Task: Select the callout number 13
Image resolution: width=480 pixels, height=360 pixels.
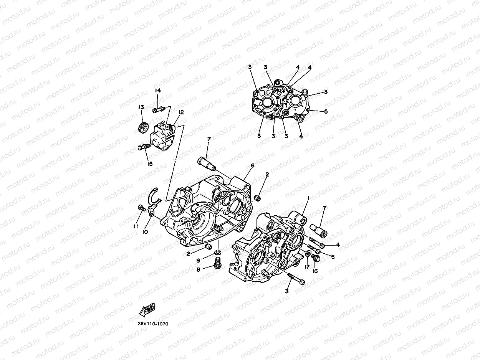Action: [141, 107]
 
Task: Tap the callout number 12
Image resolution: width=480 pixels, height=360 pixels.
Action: [181, 112]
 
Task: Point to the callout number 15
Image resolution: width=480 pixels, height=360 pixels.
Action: [149, 164]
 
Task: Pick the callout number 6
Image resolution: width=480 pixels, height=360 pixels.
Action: [252, 165]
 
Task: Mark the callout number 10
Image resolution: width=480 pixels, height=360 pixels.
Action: [145, 232]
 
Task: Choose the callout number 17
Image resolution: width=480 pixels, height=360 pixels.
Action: [307, 267]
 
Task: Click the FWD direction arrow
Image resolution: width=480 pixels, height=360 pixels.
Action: [147, 308]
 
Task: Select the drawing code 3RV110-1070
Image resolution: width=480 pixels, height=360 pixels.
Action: [153, 324]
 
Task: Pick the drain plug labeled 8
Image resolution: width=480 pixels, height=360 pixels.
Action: [218, 264]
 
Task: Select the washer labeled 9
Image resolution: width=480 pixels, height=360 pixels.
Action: [217, 253]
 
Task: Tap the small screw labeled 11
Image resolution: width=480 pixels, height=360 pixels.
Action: [141, 208]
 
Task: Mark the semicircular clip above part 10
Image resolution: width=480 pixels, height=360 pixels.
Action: [155, 195]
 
